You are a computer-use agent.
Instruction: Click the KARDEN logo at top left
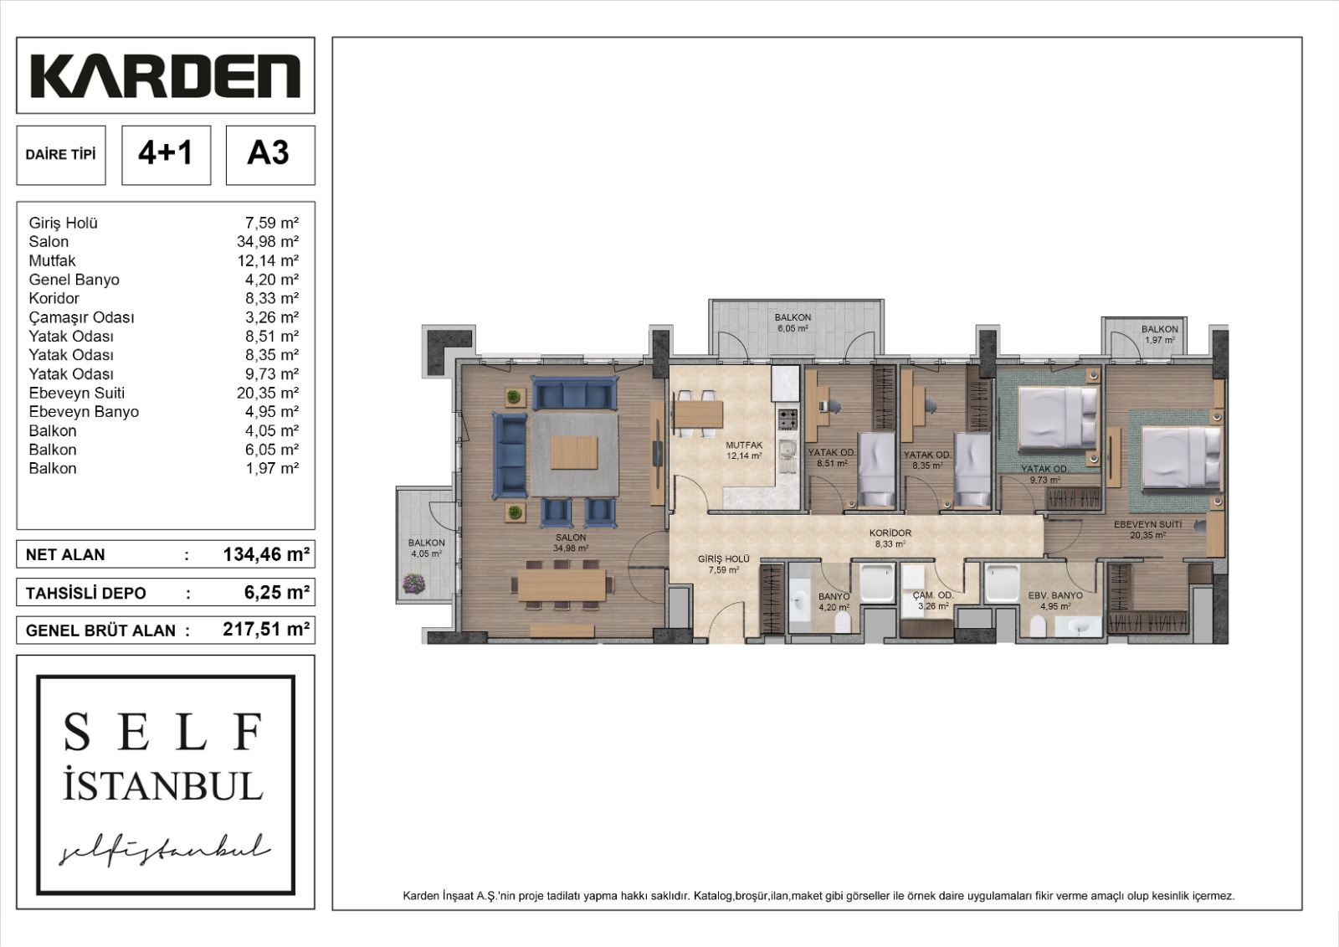(165, 76)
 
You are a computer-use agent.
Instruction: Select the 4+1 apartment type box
(166, 154)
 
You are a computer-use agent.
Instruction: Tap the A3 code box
(269, 154)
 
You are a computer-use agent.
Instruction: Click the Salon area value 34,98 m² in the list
(268, 242)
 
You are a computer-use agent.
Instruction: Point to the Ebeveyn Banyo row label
(84, 412)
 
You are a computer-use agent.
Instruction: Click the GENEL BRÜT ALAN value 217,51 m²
(266, 630)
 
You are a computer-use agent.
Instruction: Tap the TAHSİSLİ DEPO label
(86, 593)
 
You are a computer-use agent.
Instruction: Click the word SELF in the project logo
(164, 732)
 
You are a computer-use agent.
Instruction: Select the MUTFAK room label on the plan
(743, 445)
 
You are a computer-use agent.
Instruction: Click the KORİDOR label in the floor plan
(890, 533)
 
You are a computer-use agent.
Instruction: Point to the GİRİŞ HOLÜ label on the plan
(724, 559)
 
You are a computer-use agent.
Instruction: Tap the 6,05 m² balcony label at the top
(792, 323)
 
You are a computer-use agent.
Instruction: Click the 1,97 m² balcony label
(1160, 334)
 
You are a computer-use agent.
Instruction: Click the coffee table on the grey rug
(575, 453)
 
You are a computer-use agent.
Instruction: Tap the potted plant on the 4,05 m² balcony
(413, 583)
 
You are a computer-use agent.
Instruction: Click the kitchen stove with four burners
(787, 418)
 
